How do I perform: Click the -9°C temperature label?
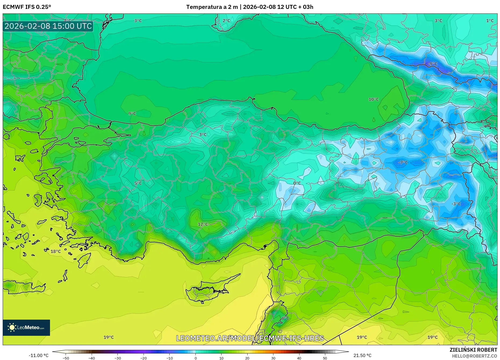(x=433, y=64)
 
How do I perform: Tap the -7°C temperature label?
(x=403, y=163)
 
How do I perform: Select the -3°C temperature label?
(x=456, y=204)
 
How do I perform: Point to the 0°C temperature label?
(x=297, y=183)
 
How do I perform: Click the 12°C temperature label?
(x=203, y=224)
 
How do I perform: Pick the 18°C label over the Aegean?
(x=56, y=251)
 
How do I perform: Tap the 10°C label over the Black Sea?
(x=373, y=99)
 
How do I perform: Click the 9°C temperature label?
(x=132, y=113)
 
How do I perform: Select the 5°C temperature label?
(x=138, y=183)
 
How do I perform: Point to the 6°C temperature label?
(x=285, y=318)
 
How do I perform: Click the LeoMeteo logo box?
(x=26, y=327)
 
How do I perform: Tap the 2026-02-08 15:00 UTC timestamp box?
(x=48, y=26)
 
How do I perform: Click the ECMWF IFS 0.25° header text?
(x=27, y=7)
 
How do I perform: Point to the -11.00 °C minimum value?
(x=38, y=355)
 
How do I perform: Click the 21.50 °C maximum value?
(x=362, y=355)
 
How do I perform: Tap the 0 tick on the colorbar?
(x=195, y=358)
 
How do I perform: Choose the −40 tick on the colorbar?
(x=92, y=358)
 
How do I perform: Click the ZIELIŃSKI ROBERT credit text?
(x=473, y=350)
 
